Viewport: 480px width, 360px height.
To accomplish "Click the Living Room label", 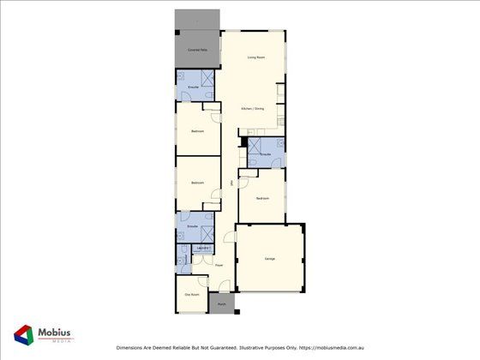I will [255, 57].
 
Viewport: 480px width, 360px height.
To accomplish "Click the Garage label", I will [269, 258].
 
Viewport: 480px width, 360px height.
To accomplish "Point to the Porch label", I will [222, 304].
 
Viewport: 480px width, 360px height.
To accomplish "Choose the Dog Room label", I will [192, 295].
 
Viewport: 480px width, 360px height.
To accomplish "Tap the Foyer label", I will [219, 265].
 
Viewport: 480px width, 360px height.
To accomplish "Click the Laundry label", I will [203, 248].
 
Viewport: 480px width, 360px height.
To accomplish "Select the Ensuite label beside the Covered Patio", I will [194, 87].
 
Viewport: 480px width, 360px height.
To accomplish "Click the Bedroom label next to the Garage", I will [262, 199].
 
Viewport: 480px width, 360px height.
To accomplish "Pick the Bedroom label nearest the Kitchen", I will [197, 130].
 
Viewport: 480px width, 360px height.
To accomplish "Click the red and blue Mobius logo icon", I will [24, 335].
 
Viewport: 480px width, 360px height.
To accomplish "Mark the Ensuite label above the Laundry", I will [192, 226].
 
